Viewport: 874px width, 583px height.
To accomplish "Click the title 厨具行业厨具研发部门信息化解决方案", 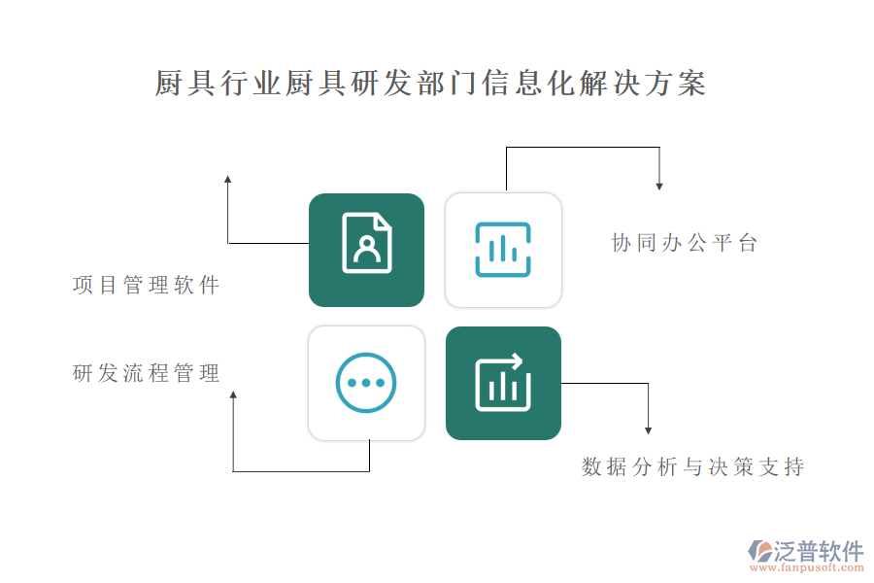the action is [430, 84].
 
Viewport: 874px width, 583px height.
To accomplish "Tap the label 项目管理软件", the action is [146, 285].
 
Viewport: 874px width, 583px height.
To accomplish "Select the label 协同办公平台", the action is [685, 243].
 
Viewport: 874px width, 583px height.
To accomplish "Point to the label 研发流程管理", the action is [146, 373].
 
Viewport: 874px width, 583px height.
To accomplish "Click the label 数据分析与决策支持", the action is [692, 466].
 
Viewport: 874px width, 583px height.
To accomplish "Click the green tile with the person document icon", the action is [366, 250].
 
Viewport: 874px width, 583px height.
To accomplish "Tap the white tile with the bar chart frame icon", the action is [503, 250].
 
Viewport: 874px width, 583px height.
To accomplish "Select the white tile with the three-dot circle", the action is [366, 383].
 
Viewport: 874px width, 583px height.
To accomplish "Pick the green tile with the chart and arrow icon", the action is [503, 383].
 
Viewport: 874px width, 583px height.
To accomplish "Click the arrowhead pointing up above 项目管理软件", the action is [227, 179].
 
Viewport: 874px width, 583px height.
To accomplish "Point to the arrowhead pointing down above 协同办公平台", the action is [659, 187].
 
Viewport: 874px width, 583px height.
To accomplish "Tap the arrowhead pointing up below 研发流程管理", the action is [233, 394].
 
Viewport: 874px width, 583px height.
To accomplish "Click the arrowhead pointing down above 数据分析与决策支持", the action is [649, 430].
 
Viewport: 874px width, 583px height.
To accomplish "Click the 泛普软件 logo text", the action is [818, 551].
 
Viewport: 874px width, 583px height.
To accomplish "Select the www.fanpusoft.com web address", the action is [807, 567].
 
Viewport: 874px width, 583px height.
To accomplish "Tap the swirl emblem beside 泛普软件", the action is [760, 551].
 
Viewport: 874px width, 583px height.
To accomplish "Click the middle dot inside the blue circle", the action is [366, 383].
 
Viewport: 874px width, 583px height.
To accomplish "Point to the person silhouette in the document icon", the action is [367, 250].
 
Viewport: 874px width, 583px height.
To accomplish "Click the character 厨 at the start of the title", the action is [169, 84].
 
